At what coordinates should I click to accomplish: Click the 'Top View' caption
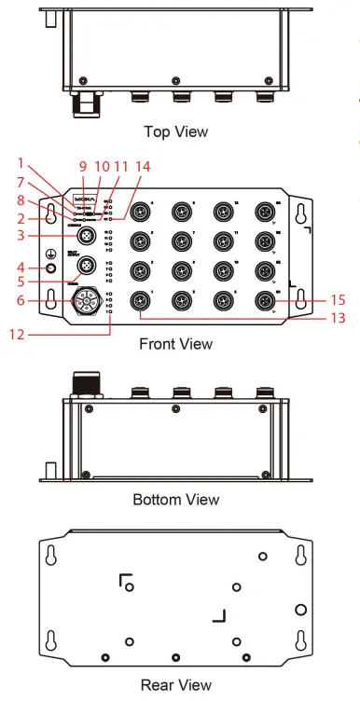pyautogui.click(x=175, y=131)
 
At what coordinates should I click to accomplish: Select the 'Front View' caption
pyautogui.click(x=175, y=344)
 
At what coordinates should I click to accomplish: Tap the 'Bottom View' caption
pyautogui.click(x=175, y=500)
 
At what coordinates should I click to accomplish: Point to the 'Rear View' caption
pyautogui.click(x=175, y=685)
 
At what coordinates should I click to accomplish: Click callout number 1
pyautogui.click(x=22, y=162)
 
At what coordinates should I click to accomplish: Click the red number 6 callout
pyautogui.click(x=22, y=301)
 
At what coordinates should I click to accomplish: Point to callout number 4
pyautogui.click(x=22, y=269)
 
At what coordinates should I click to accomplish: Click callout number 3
pyautogui.click(x=22, y=237)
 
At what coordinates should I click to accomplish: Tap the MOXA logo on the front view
pyautogui.click(x=84, y=199)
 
